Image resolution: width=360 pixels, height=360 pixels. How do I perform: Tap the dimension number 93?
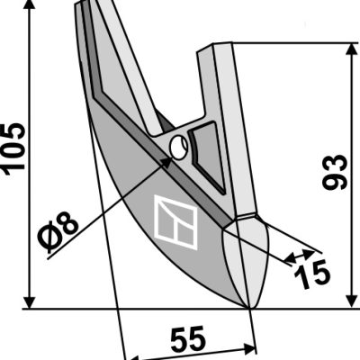pos(334,172)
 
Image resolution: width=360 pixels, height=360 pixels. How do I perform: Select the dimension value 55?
pos(188,339)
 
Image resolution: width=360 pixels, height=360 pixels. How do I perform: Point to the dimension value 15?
pos(312,274)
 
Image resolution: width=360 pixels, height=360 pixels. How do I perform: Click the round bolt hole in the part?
pos(179,147)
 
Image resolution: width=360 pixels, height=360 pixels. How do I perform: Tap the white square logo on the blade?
pos(175,222)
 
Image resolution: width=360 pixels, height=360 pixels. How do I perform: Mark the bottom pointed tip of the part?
pos(249,308)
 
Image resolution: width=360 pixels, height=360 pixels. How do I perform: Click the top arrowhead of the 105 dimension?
pos(29,5)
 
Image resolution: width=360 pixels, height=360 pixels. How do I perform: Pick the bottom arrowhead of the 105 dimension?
pos(29,301)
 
